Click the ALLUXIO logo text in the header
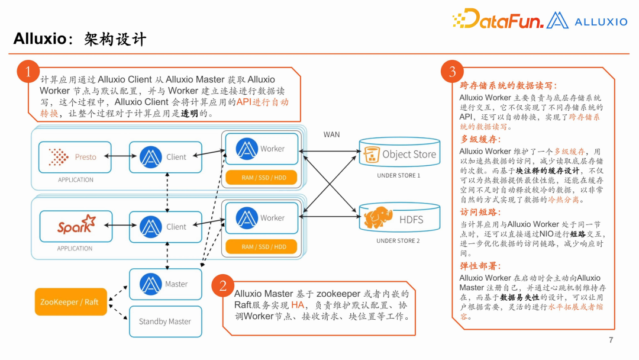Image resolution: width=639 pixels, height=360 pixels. (600, 22)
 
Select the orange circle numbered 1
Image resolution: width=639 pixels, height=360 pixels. (27, 73)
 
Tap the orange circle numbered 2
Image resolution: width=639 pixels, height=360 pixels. (222, 287)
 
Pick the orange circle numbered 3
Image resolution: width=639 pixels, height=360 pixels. (453, 72)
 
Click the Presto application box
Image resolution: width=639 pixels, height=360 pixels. (76, 157)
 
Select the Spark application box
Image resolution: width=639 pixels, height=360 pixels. (76, 226)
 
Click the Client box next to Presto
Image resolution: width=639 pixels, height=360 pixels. (164, 157)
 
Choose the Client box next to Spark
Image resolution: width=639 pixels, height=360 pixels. (164, 226)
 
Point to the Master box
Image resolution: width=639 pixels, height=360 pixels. (165, 284)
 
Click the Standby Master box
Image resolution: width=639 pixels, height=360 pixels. (165, 322)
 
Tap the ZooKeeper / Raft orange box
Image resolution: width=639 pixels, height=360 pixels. (69, 302)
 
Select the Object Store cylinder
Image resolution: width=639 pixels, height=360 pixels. (399, 154)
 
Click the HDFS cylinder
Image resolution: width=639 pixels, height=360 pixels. (399, 218)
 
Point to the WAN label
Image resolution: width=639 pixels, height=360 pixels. (331, 134)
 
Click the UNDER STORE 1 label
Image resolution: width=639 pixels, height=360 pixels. (398, 176)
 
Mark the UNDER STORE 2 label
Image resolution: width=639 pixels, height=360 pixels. (398, 241)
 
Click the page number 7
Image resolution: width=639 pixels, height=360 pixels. (611, 340)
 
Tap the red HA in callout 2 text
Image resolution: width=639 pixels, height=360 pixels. (298, 305)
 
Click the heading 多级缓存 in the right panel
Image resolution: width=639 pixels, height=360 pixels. (480, 139)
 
